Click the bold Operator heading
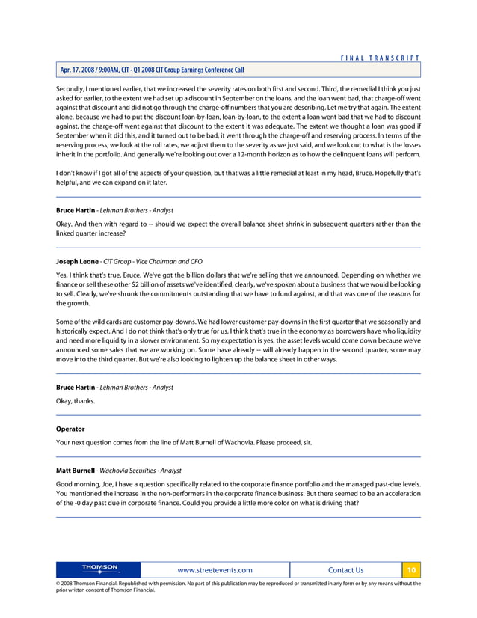(70, 429)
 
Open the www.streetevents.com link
(214, 570)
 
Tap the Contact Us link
(345, 570)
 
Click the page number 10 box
(411, 570)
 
